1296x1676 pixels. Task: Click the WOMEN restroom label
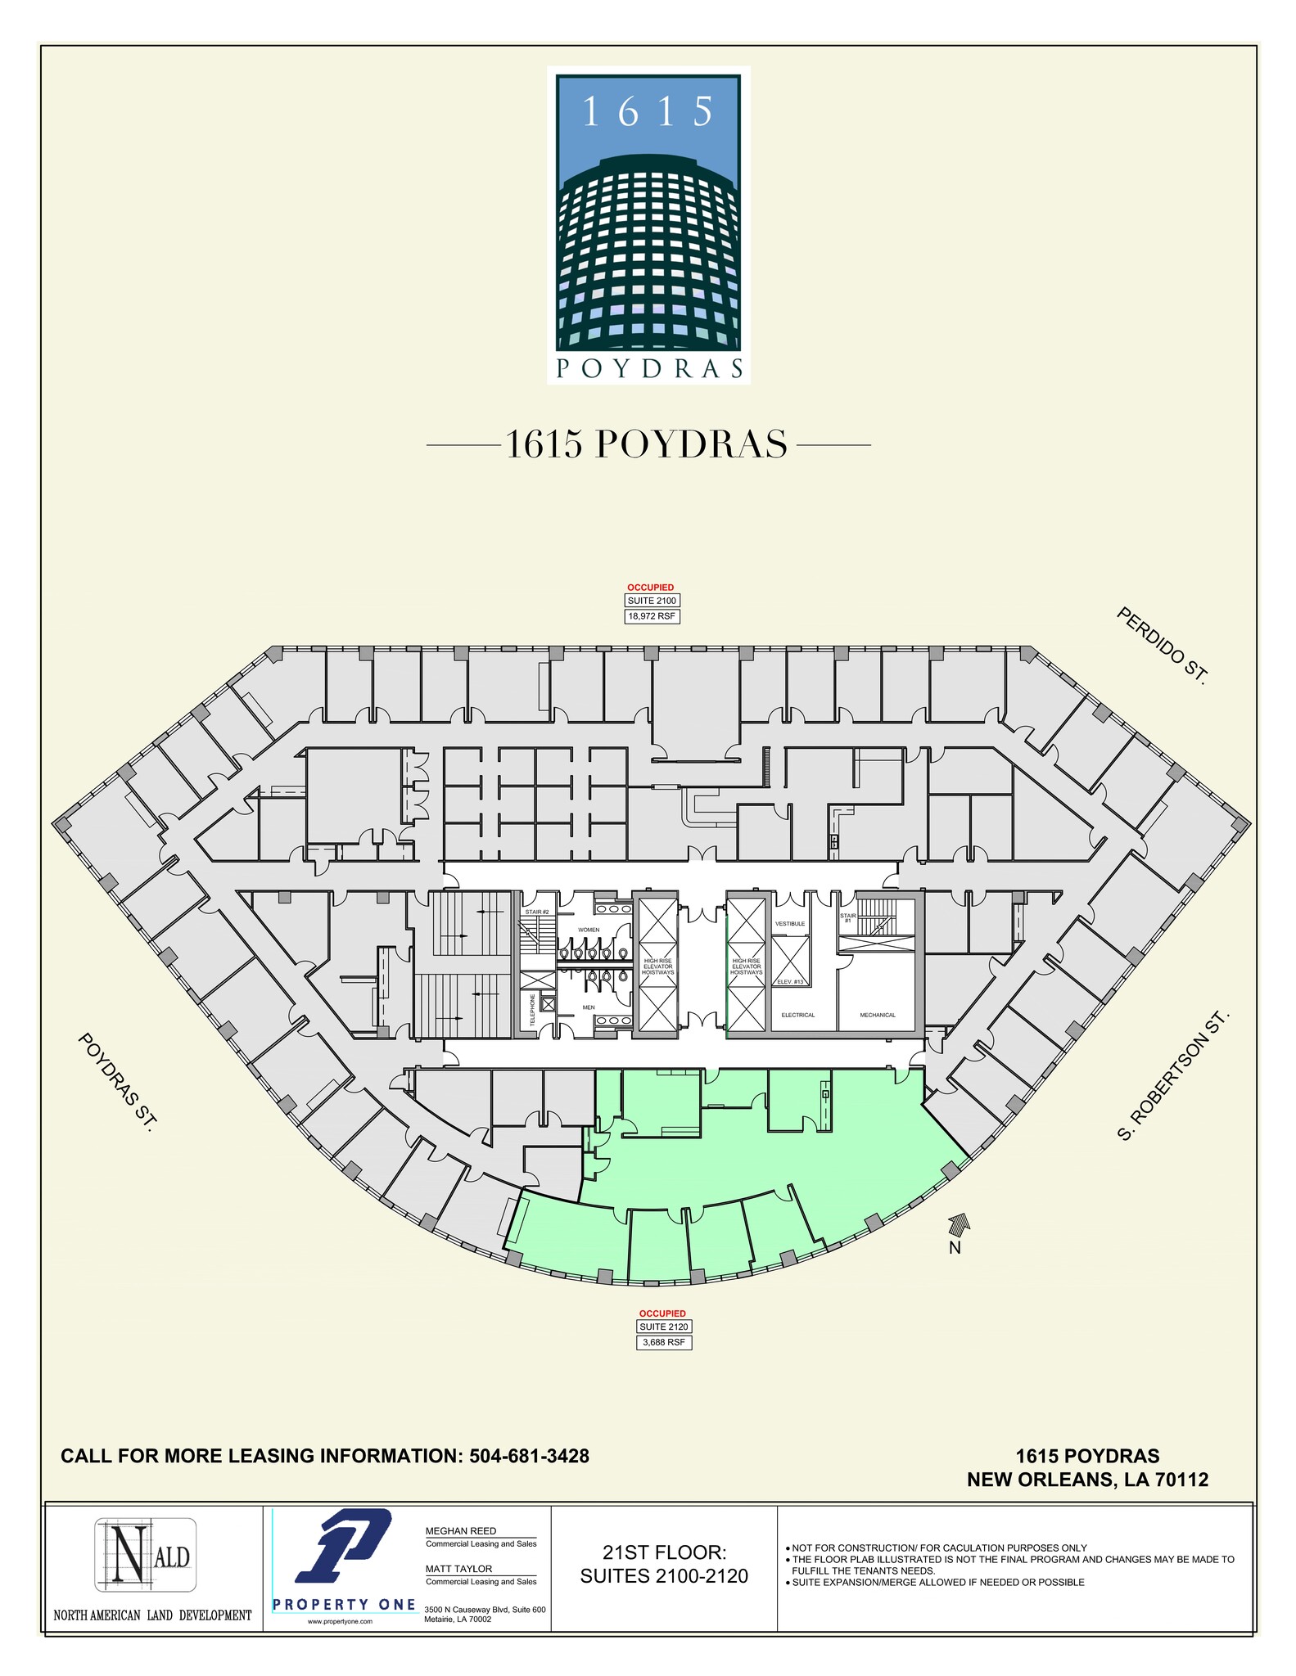(x=589, y=930)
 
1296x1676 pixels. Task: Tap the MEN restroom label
(x=588, y=1007)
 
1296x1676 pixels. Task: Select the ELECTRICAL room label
(x=797, y=1015)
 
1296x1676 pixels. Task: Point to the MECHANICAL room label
(x=878, y=1015)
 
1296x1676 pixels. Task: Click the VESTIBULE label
(x=790, y=923)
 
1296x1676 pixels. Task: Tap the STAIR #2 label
(x=536, y=912)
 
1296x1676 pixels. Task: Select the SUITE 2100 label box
(x=652, y=601)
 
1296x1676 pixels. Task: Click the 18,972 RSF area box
(x=652, y=616)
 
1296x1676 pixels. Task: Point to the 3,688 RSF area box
(x=664, y=1342)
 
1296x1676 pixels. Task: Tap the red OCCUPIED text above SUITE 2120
(x=662, y=1313)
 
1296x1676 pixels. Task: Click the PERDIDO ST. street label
(x=1162, y=646)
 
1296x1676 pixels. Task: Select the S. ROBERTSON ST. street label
(x=1173, y=1075)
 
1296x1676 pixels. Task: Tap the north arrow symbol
(x=958, y=1224)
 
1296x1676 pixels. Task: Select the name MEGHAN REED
(x=461, y=1530)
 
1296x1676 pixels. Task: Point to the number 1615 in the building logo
(x=648, y=112)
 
